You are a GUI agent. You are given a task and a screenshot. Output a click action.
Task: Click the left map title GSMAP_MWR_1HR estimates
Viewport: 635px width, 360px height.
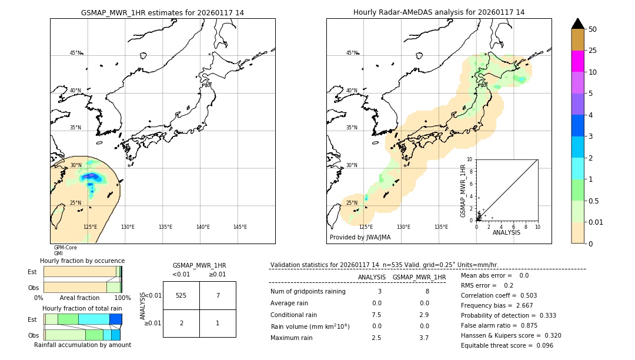pos(162,12)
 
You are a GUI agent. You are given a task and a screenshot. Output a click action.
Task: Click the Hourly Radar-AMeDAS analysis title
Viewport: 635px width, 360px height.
pos(439,12)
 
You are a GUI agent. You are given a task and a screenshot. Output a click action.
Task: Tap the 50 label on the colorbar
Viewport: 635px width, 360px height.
pos(593,29)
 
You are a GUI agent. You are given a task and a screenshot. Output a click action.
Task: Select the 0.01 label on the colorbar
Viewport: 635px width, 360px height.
pos(596,222)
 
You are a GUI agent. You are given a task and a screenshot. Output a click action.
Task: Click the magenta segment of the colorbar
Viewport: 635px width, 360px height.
pos(577,61)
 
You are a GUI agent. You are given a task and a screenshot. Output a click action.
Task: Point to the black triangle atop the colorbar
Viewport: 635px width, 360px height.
pos(577,24)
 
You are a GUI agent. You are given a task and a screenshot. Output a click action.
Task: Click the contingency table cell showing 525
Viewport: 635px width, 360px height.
pos(181,295)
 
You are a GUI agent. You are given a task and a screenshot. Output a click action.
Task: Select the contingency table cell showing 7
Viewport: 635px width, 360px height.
pos(218,295)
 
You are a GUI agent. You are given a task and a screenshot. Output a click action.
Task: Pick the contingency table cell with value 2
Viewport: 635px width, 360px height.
pos(181,323)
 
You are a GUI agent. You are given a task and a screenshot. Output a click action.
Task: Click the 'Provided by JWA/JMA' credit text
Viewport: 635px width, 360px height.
pos(360,238)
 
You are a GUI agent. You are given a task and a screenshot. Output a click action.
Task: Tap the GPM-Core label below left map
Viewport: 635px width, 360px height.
pos(65,248)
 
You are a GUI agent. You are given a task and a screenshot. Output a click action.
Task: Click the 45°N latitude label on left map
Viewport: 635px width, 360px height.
pos(76,53)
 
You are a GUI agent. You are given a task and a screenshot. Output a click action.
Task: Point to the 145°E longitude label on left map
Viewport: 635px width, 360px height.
pos(240,227)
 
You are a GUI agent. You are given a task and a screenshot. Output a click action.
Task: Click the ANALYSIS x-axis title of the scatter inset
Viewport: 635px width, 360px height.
pos(506,232)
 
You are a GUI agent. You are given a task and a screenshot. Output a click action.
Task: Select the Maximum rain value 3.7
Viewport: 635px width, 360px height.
pos(423,338)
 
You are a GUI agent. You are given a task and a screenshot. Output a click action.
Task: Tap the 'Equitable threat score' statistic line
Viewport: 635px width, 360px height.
pos(507,345)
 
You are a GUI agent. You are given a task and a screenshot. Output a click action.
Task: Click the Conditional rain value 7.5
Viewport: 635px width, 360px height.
pos(376,315)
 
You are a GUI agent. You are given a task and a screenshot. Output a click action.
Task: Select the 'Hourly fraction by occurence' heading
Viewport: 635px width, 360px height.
pos(82,261)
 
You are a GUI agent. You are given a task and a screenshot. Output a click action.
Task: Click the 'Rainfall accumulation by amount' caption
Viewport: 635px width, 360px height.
pos(82,345)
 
